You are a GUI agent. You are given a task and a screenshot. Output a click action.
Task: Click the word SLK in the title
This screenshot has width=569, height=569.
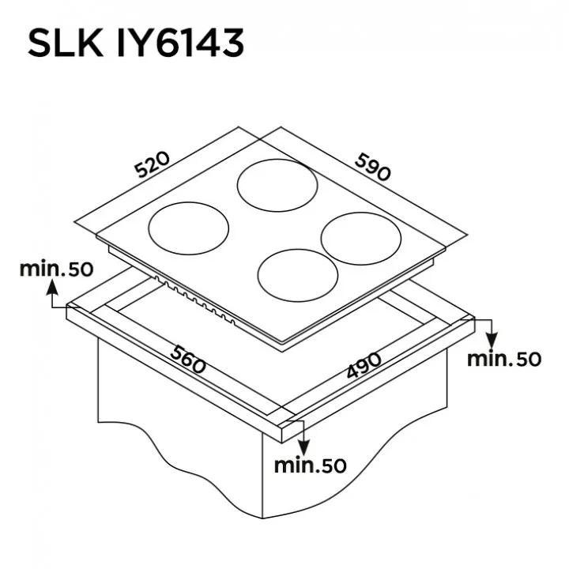click(66, 43)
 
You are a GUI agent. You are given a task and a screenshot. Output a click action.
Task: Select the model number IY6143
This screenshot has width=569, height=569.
click(180, 43)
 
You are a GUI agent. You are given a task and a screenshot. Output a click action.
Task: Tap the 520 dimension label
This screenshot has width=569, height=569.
click(152, 164)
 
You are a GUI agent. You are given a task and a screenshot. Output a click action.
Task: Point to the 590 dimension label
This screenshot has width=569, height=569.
click(373, 167)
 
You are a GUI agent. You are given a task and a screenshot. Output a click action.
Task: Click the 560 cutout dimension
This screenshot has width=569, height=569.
click(188, 360)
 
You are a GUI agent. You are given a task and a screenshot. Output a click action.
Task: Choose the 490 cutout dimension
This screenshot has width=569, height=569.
click(364, 365)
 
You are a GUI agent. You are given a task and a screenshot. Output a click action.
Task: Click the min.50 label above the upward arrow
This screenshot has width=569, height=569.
click(57, 269)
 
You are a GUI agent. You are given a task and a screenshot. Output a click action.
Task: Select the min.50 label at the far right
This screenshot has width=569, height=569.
click(504, 359)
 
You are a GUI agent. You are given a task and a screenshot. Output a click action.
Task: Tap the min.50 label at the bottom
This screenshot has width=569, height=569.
click(311, 465)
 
